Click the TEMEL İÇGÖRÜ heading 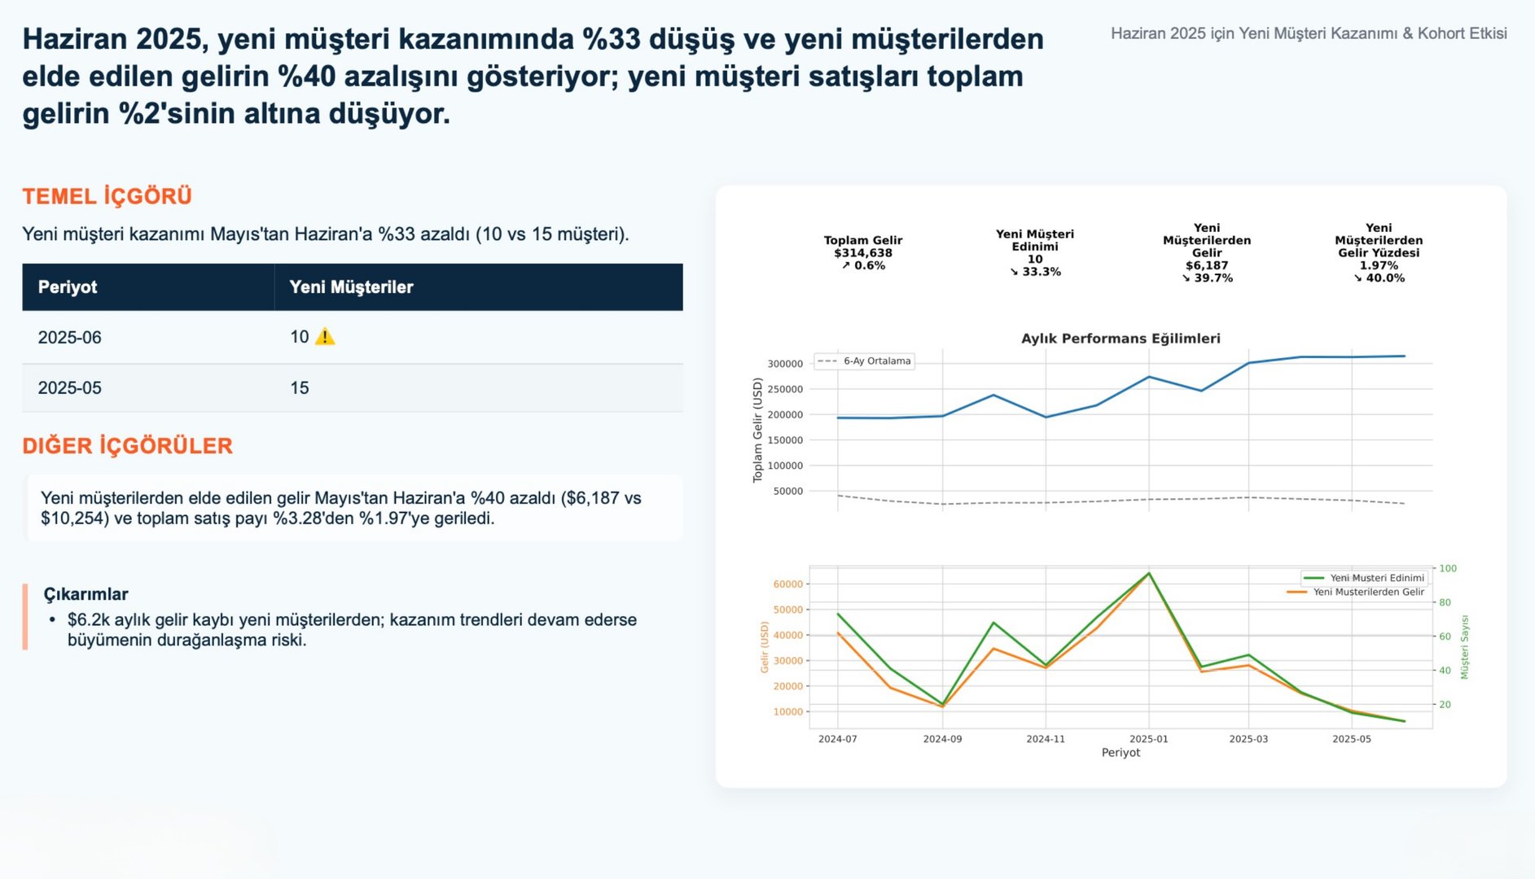(x=107, y=196)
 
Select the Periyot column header (x=68, y=287)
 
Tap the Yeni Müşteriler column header (x=351, y=287)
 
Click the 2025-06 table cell (x=70, y=338)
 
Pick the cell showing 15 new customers (x=300, y=388)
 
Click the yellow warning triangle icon (x=325, y=336)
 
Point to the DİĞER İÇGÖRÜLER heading (x=127, y=446)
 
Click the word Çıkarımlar (x=86, y=594)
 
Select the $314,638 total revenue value (x=862, y=253)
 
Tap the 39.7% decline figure (x=1207, y=278)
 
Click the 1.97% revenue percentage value (x=1378, y=265)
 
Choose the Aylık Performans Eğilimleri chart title (x=1121, y=339)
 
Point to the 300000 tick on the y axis (x=785, y=364)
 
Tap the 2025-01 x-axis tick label (x=1148, y=739)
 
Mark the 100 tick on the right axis (x=1448, y=568)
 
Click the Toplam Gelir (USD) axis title (x=757, y=430)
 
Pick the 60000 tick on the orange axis (x=787, y=584)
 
